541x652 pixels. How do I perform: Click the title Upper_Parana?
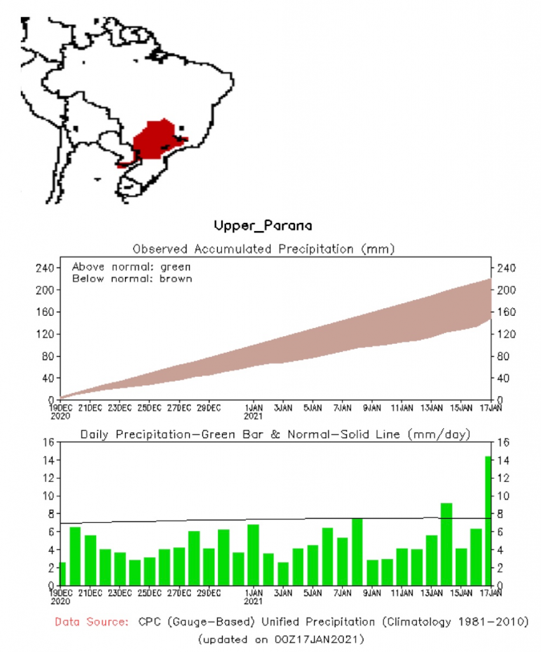click(x=263, y=225)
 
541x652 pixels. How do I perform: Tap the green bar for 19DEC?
click(x=62, y=574)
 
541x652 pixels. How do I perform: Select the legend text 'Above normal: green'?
click(x=131, y=267)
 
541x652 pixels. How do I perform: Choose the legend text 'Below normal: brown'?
click(x=131, y=278)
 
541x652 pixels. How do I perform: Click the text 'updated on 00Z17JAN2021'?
click(x=281, y=637)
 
